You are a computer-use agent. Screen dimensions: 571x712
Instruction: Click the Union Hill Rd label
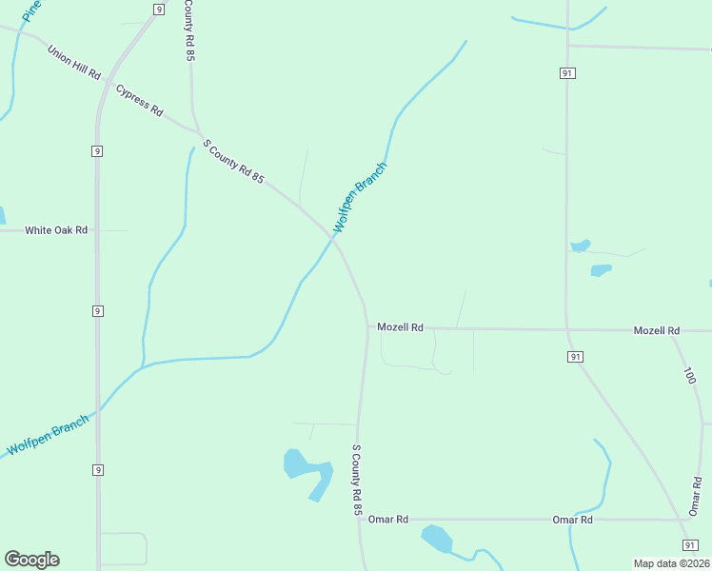[x=73, y=61]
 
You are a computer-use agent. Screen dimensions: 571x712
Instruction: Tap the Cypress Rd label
[x=139, y=100]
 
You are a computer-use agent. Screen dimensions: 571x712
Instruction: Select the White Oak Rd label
[x=56, y=230]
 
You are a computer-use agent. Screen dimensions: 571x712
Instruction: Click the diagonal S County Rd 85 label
[x=233, y=162]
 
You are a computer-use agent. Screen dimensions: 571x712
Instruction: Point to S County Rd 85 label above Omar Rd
[x=358, y=481]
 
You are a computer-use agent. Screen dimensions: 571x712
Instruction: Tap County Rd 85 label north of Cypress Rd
[x=189, y=30]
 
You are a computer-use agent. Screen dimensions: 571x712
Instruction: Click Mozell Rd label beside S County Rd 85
[x=400, y=327]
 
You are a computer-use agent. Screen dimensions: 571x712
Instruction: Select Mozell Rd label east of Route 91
[x=657, y=330]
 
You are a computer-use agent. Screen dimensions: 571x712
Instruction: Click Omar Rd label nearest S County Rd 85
[x=388, y=520]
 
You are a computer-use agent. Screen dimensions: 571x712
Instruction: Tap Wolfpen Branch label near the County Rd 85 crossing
[x=360, y=198]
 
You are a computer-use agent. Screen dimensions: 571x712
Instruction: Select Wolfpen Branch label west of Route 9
[x=48, y=434]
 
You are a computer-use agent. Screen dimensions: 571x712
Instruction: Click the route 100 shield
[x=689, y=376]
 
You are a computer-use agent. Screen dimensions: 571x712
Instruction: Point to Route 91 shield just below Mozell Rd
[x=575, y=356]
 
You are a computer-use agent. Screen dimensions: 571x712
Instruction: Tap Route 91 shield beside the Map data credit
[x=690, y=544]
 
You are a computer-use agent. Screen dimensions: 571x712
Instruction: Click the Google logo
[x=31, y=560]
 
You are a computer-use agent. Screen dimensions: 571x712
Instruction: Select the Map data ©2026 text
[x=671, y=562]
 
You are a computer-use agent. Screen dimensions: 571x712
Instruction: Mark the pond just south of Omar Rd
[x=437, y=539]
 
